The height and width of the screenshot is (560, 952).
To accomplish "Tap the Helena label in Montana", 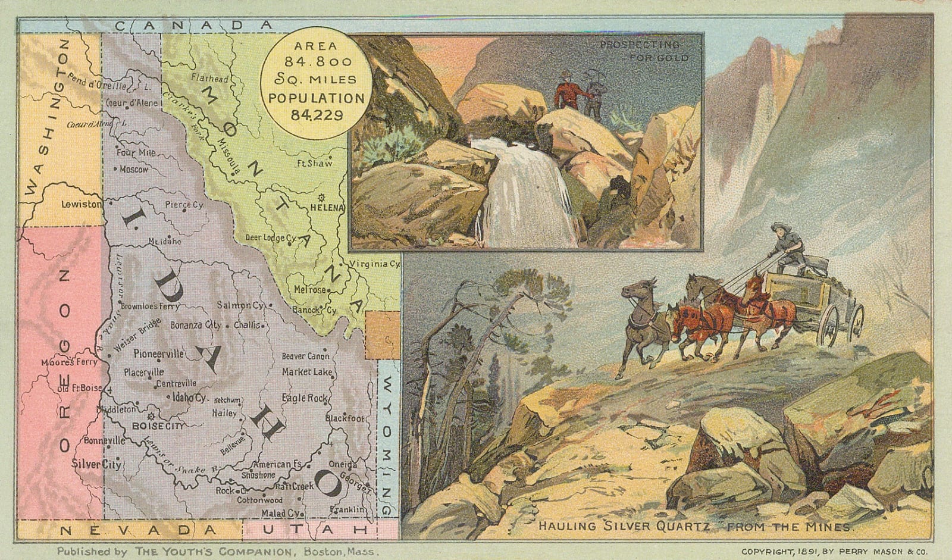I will click(x=327, y=208).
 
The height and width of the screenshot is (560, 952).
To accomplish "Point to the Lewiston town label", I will click(x=82, y=204).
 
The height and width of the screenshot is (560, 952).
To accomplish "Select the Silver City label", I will click(x=96, y=464).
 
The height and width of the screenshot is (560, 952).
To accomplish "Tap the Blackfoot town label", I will click(x=345, y=418).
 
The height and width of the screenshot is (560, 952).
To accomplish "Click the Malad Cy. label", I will click(x=280, y=513).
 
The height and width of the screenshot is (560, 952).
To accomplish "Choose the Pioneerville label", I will click(x=159, y=353).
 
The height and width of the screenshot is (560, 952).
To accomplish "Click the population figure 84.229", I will click(x=317, y=115).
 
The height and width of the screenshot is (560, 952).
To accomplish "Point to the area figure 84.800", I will click(x=318, y=61).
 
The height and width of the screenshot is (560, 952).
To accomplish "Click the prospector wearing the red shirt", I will click(x=566, y=91).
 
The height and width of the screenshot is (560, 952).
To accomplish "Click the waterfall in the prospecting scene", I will click(x=530, y=190).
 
